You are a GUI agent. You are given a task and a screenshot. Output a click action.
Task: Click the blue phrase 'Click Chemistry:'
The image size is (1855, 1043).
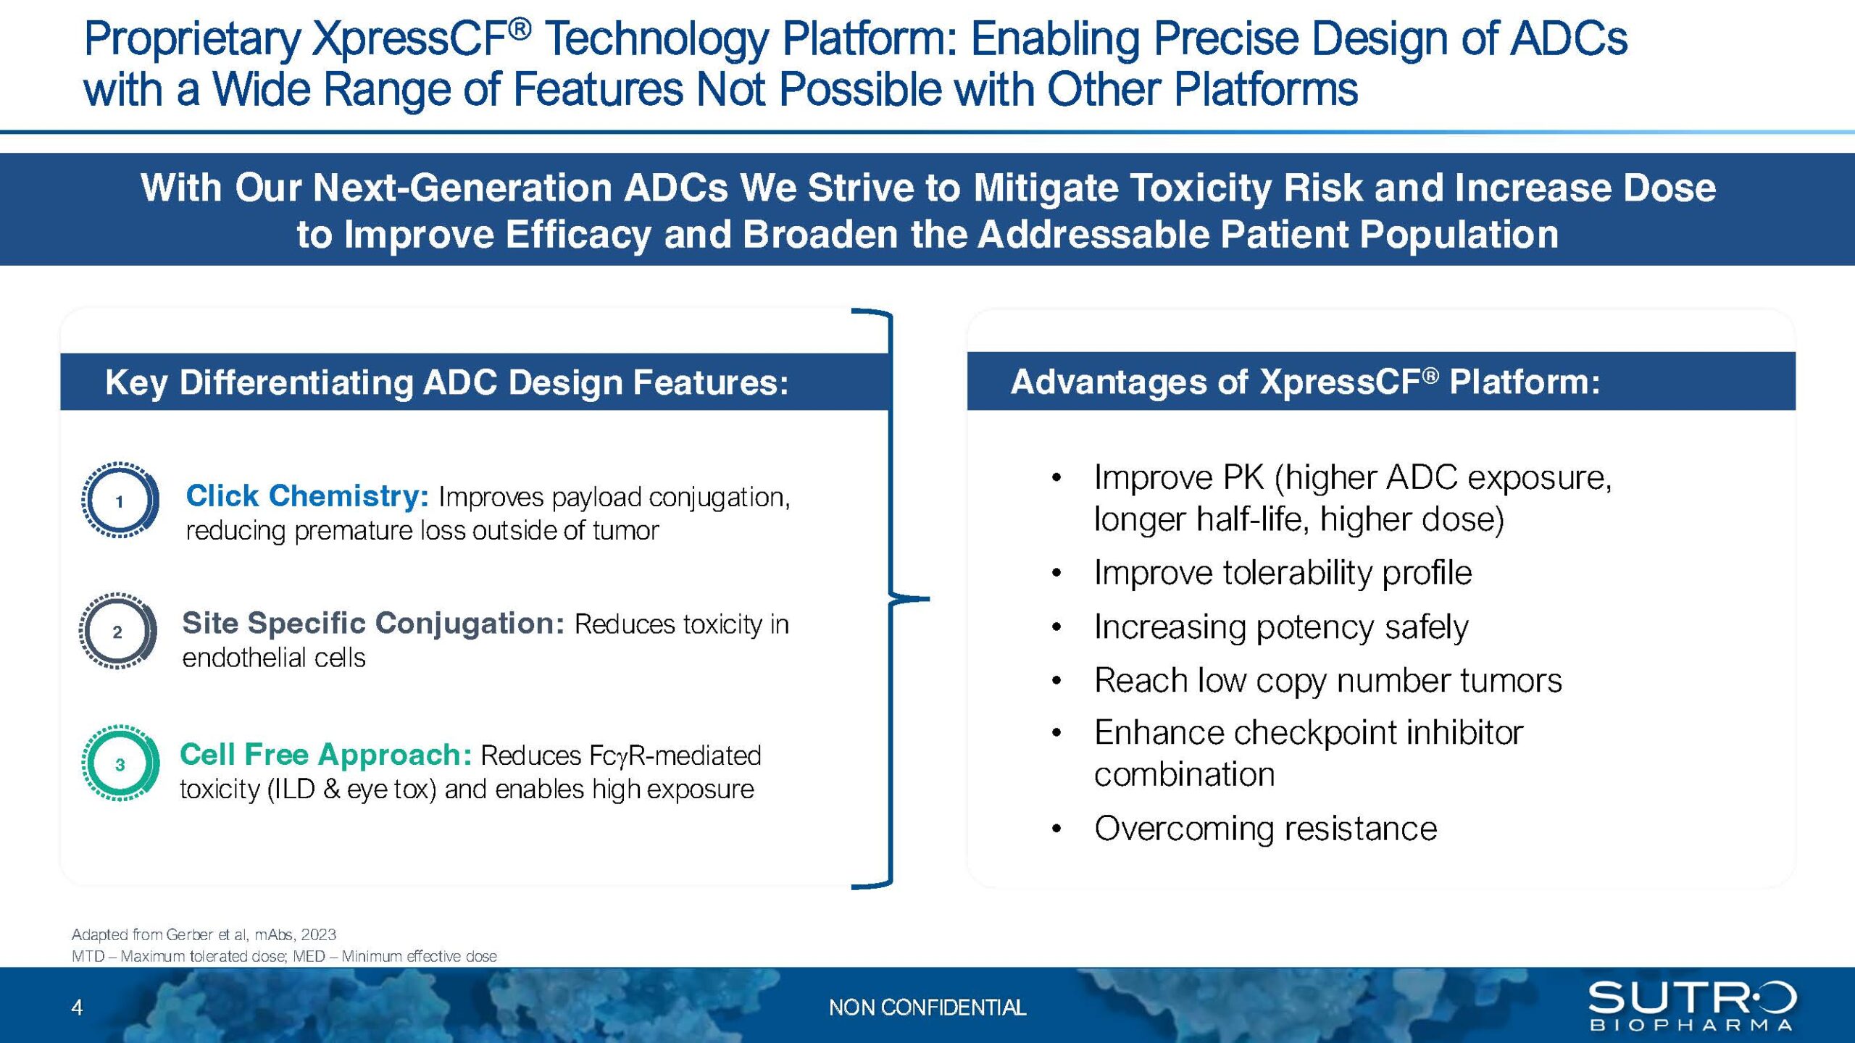coord(307,496)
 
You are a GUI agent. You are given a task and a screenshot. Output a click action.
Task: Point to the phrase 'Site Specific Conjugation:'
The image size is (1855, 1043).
coord(373,623)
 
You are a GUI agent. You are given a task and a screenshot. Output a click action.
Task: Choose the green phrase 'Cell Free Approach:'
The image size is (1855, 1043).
coord(325,755)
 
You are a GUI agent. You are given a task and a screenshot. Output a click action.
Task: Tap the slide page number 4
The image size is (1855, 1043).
coord(78,1007)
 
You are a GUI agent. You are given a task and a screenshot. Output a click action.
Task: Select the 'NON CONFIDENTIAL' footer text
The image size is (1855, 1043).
coord(927,1008)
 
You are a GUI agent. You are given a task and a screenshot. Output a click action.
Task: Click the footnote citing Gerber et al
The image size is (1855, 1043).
coord(204,934)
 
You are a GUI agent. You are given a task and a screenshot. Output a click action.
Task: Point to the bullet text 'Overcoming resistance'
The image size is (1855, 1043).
coord(1265,828)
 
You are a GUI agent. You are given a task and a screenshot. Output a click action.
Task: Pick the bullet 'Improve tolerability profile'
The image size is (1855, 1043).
coord(1283,572)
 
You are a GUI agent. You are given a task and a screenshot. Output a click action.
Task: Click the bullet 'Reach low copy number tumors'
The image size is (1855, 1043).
coord(1327,680)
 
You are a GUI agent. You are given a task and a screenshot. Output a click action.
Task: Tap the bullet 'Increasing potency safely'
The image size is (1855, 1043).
coord(1281,627)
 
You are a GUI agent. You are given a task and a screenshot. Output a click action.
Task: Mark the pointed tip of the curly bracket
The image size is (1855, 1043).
coord(929,599)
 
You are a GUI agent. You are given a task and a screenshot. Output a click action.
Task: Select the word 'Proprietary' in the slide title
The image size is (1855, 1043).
coord(191,41)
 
